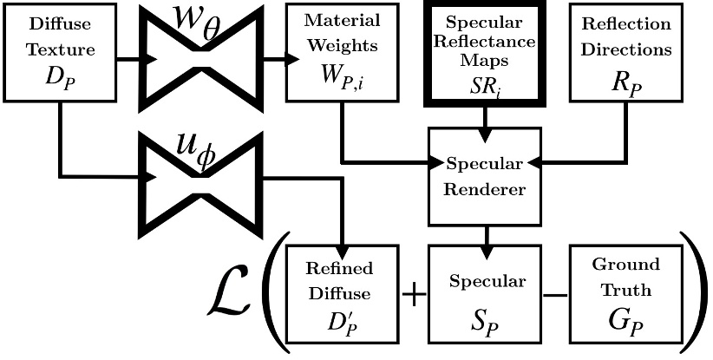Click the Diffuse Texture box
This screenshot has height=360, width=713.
pyautogui.click(x=60, y=52)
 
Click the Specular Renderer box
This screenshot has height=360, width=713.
pyautogui.click(x=485, y=176)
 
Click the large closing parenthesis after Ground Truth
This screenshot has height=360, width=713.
pyautogui.click(x=694, y=295)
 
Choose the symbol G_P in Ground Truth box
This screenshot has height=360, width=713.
pyautogui.click(x=625, y=326)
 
